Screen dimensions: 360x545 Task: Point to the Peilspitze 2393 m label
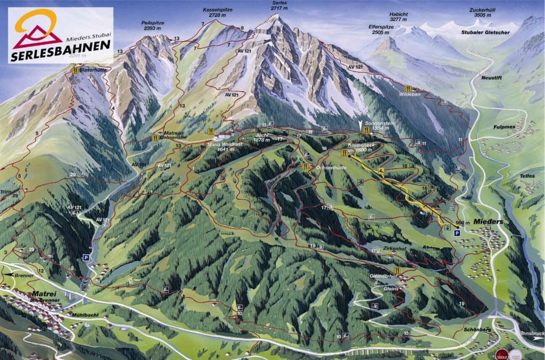point(152,26)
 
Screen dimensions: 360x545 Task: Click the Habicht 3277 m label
point(398,17)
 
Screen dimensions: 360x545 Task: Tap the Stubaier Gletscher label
point(484,32)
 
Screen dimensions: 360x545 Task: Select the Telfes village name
point(526,176)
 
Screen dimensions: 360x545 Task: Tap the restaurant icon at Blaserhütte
point(75,70)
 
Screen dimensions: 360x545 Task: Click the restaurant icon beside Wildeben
point(407,88)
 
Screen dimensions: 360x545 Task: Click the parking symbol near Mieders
point(457,233)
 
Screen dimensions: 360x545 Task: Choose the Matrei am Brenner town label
point(44,296)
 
